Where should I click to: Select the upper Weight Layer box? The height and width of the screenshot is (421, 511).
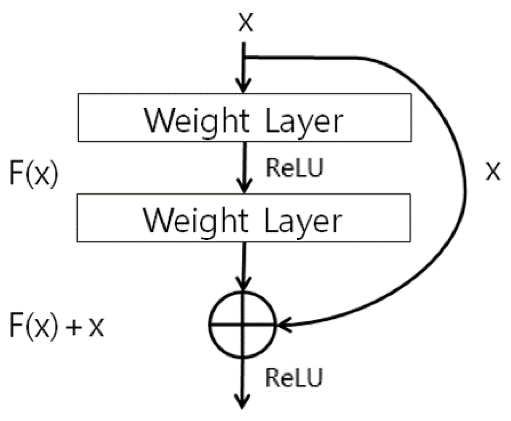click(244, 117)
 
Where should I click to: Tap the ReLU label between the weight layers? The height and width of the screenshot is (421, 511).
click(294, 168)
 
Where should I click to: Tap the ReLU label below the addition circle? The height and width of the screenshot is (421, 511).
click(294, 377)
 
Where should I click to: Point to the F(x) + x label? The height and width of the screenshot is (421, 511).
click(56, 326)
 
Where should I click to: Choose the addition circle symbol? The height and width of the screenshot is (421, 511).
click(243, 325)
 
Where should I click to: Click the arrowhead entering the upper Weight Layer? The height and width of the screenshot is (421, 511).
click(243, 87)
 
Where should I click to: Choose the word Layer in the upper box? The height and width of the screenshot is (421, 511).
click(304, 122)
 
